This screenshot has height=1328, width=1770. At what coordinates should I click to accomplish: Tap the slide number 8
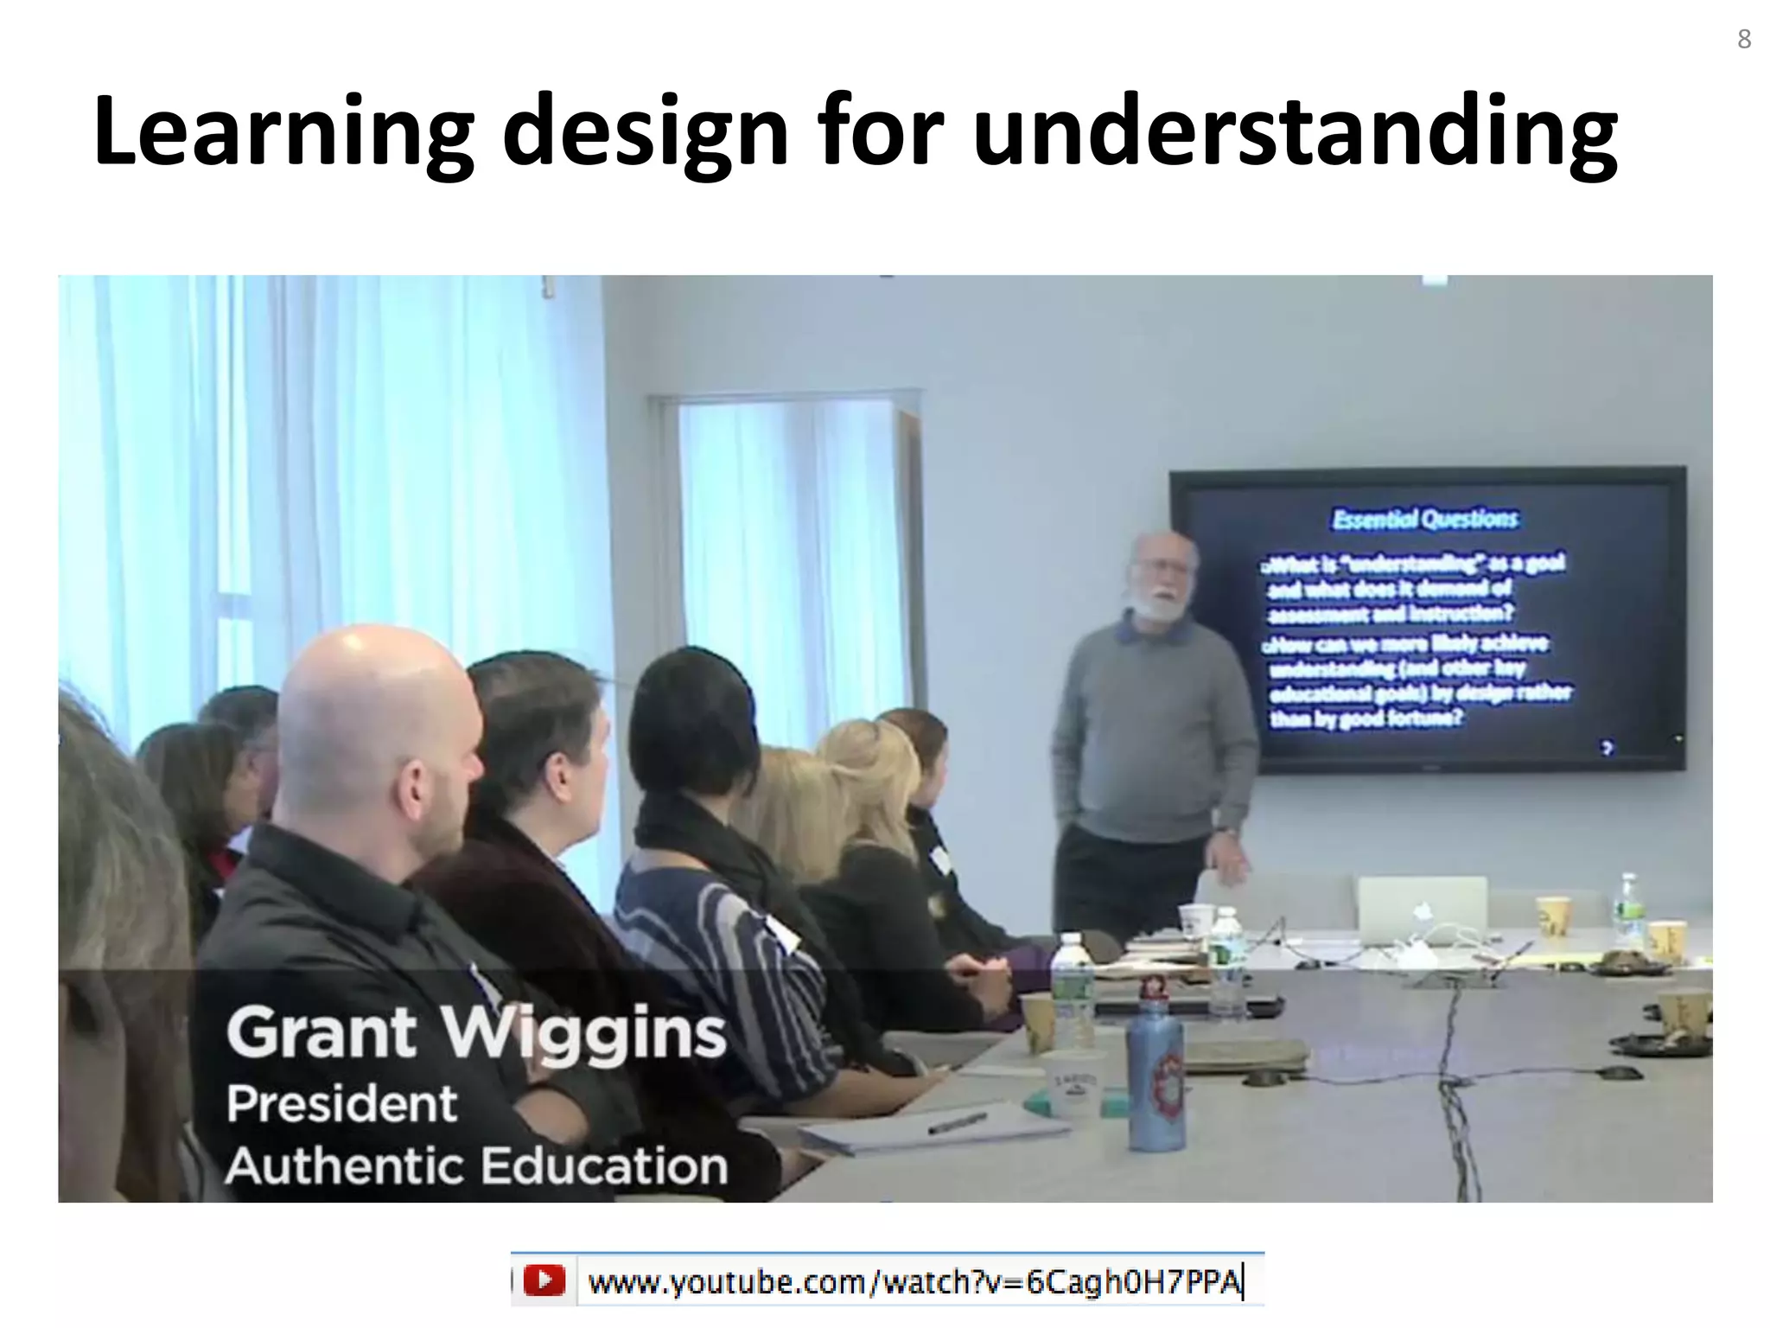pyautogui.click(x=1744, y=39)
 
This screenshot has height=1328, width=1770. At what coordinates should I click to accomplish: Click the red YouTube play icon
pyautogui.click(x=544, y=1280)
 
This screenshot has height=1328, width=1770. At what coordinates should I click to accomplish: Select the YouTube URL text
pyautogui.click(x=914, y=1281)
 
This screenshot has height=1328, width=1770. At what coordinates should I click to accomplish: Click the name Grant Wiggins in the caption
pyautogui.click(x=475, y=1033)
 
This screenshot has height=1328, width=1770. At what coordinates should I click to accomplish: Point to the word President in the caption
pyautogui.click(x=341, y=1104)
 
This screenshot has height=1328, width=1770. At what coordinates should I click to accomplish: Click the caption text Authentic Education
pyautogui.click(x=476, y=1165)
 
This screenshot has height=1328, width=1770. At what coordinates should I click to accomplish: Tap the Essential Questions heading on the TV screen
pyautogui.click(x=1424, y=519)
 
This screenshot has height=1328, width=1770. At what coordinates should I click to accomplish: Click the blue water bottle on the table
pyautogui.click(x=1156, y=1076)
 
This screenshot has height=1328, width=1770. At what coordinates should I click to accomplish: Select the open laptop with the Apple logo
pyautogui.click(x=1422, y=910)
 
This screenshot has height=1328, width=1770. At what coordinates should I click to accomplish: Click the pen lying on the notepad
pyautogui.click(x=957, y=1122)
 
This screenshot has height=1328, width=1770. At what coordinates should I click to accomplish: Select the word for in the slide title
pyautogui.click(x=880, y=131)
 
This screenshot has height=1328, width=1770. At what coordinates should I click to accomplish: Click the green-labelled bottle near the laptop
pyautogui.click(x=1628, y=912)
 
